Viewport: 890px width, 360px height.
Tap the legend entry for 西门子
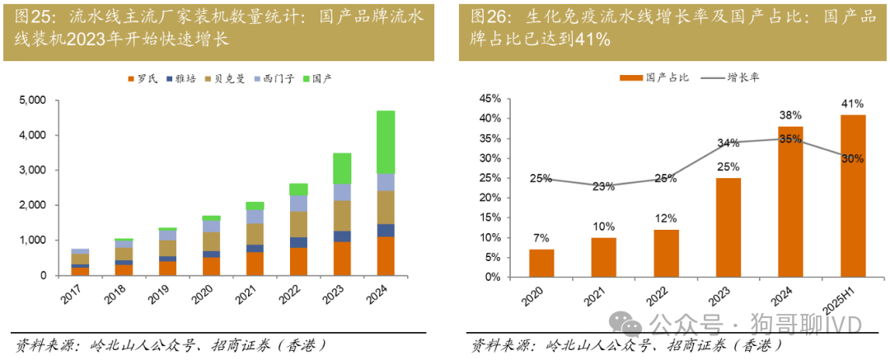[x=269, y=78]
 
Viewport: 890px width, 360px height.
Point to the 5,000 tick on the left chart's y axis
[x=34, y=101]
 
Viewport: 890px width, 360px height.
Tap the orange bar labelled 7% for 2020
[x=541, y=263]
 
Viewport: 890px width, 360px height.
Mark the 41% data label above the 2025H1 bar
[x=853, y=104]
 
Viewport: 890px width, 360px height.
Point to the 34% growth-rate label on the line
[x=728, y=143]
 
